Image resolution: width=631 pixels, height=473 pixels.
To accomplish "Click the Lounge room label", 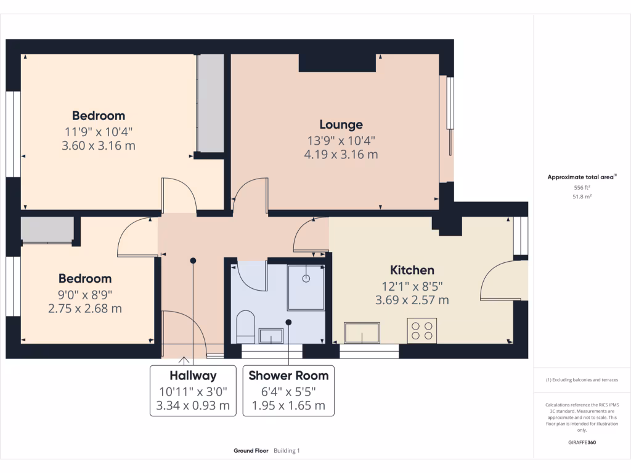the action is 341,124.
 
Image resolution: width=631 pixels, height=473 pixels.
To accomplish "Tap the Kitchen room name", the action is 412,270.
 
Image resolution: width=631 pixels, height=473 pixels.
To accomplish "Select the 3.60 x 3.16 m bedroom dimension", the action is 99,145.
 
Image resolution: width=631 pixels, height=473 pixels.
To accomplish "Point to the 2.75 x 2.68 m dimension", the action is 85,309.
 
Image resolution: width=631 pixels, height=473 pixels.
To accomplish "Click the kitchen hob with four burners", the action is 421,331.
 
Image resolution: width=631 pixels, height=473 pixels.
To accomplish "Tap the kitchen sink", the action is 362,333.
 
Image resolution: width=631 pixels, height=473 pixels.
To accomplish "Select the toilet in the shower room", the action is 245,326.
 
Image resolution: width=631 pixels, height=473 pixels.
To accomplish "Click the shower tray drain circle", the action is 306,278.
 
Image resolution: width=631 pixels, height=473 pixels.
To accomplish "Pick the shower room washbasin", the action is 271,336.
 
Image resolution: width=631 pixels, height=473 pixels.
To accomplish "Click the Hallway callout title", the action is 193,376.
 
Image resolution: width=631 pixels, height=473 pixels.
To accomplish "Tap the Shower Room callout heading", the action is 288,376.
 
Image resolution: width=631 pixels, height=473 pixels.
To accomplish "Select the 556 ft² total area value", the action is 582,187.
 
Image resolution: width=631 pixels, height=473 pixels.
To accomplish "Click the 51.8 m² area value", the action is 582,196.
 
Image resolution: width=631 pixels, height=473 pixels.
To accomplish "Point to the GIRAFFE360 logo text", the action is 582,442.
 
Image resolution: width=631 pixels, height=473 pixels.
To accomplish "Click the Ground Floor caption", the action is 251,451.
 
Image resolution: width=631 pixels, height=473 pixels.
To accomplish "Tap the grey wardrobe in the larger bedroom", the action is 211,103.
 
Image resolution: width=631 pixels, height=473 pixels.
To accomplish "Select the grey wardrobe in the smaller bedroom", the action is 47,230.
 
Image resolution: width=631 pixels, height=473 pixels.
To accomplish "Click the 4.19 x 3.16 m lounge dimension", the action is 341,155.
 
